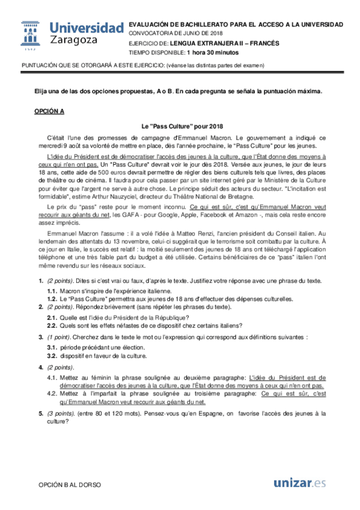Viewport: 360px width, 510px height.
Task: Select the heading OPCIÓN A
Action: pyautogui.click(x=49, y=112)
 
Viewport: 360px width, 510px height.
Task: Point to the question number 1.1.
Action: pyautogui.click(x=52, y=290)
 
